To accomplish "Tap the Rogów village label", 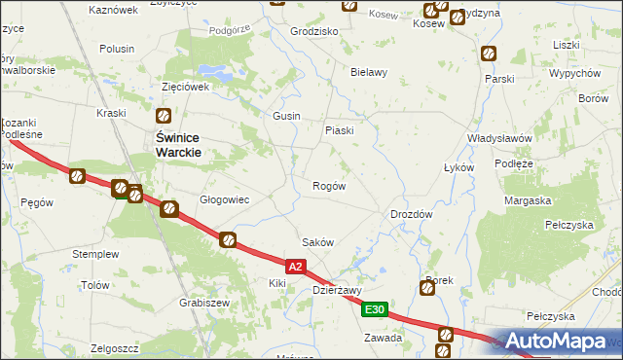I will [328, 186].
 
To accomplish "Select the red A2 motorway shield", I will [298, 265].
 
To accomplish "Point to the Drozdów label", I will [411, 214].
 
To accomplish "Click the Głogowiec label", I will [225, 200].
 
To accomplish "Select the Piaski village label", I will [339, 130].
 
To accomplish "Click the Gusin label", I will [286, 116].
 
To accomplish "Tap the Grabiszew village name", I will [203, 303].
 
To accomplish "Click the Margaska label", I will [528, 200].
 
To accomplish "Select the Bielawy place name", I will [369, 72].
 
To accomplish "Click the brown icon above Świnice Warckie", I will [164, 116].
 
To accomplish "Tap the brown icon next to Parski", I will [488, 54].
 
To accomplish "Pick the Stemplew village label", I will [95, 254].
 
